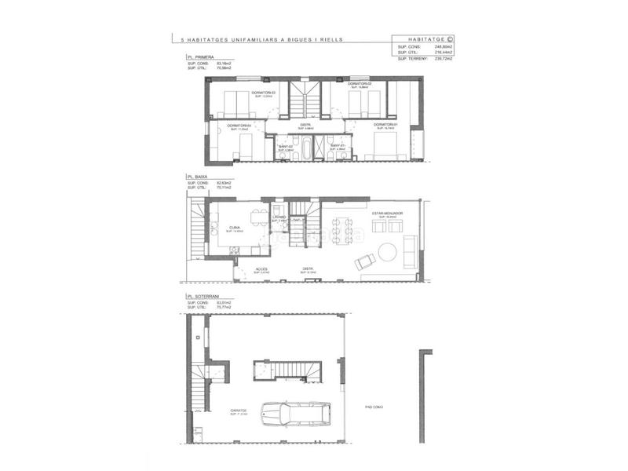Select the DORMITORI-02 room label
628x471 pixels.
pos(360,84)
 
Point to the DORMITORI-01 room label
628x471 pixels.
pos(387,125)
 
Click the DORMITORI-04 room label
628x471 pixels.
pos(239,126)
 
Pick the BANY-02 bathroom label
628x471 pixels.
pos(285,147)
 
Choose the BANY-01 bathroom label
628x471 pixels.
pos(338,147)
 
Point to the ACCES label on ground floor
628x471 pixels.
pos(261,269)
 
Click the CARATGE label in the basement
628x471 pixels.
pos(239,410)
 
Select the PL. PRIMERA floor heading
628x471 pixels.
pos(201,57)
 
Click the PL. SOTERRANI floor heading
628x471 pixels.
pos(204,296)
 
